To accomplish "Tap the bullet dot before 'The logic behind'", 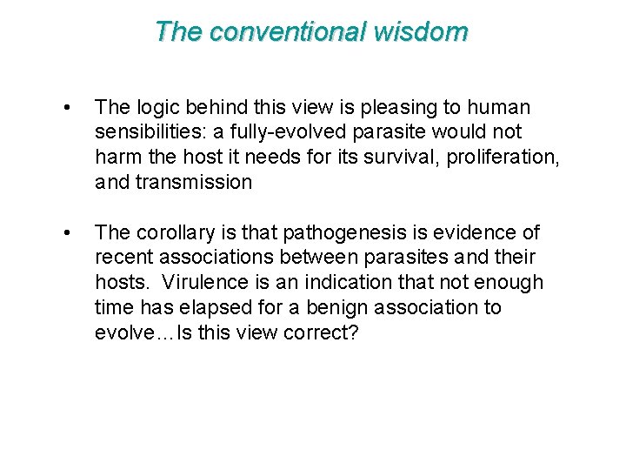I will (67, 108).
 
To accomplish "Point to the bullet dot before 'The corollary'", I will (67, 232).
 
